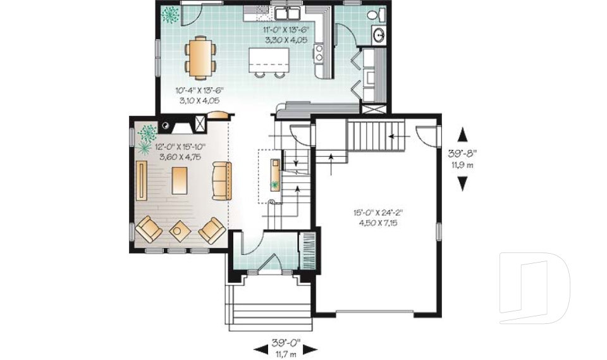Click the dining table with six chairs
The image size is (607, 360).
tap(200, 56)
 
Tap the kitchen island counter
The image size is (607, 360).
tap(269, 60)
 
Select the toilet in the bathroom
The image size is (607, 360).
tap(375, 15)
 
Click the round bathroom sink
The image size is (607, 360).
tap(379, 35)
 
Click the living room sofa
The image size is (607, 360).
tap(222, 181)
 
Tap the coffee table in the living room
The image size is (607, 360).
tap(180, 180)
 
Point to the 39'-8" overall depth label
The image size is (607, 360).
tap(462, 153)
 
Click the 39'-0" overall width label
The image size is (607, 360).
tap(286, 342)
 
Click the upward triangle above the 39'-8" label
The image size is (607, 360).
tap(463, 135)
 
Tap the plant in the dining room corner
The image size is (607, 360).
tap(170, 15)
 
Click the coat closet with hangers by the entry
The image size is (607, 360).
tap(308, 251)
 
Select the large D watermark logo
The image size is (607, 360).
tap(534, 288)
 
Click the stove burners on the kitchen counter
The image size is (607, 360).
tap(319, 53)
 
